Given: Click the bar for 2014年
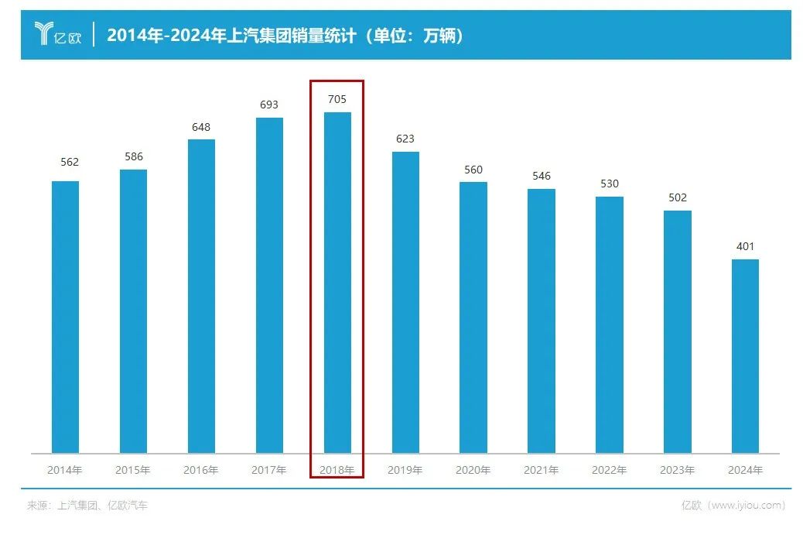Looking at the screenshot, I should tap(65, 317).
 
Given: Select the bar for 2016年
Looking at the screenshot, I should tap(201, 296).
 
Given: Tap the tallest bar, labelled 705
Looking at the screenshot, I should tap(337, 283).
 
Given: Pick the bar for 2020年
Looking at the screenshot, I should tap(473, 317).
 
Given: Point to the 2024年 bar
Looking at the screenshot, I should tap(745, 356).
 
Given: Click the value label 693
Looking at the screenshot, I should tap(269, 105).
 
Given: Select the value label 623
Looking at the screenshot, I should tap(405, 139).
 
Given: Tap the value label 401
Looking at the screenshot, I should tap(745, 247).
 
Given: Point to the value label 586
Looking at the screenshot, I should tap(133, 157).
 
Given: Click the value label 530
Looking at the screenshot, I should tap(609, 184).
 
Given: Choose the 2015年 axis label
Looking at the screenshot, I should tap(133, 470).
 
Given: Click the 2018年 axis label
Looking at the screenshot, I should tap(337, 470).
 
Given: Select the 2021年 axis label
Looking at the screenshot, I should tap(542, 470).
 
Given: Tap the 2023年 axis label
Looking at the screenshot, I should tap(677, 470).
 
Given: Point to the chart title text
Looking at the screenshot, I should tap(285, 36).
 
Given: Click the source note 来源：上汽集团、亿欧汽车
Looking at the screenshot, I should tap(87, 506).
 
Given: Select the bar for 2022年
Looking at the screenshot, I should tap(609, 324).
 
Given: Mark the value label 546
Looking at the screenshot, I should tap(542, 177).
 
